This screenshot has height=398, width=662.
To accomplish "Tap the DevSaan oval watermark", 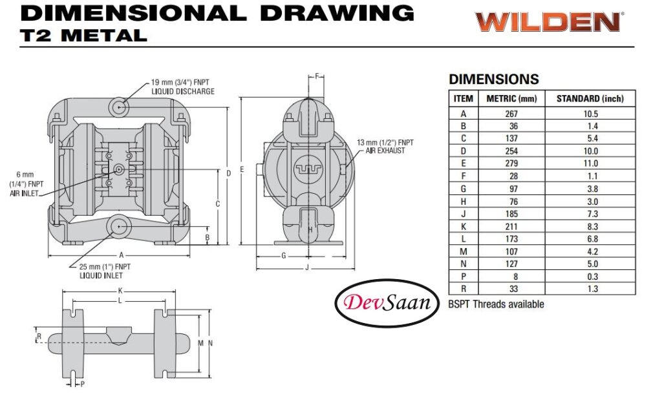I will (387, 302).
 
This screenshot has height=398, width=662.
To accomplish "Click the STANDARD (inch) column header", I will (590, 99).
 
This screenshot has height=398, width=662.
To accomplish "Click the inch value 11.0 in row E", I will (590, 164).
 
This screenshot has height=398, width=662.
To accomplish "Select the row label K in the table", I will (463, 227).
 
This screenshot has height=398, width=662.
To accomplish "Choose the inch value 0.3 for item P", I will (590, 277).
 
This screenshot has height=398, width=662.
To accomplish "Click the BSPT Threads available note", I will (496, 304).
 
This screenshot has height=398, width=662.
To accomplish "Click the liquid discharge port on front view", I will (120, 106).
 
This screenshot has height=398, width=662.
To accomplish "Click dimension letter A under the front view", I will (120, 255).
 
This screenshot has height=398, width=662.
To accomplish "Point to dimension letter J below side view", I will (306, 267).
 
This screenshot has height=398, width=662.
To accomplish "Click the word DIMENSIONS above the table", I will (493, 79).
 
